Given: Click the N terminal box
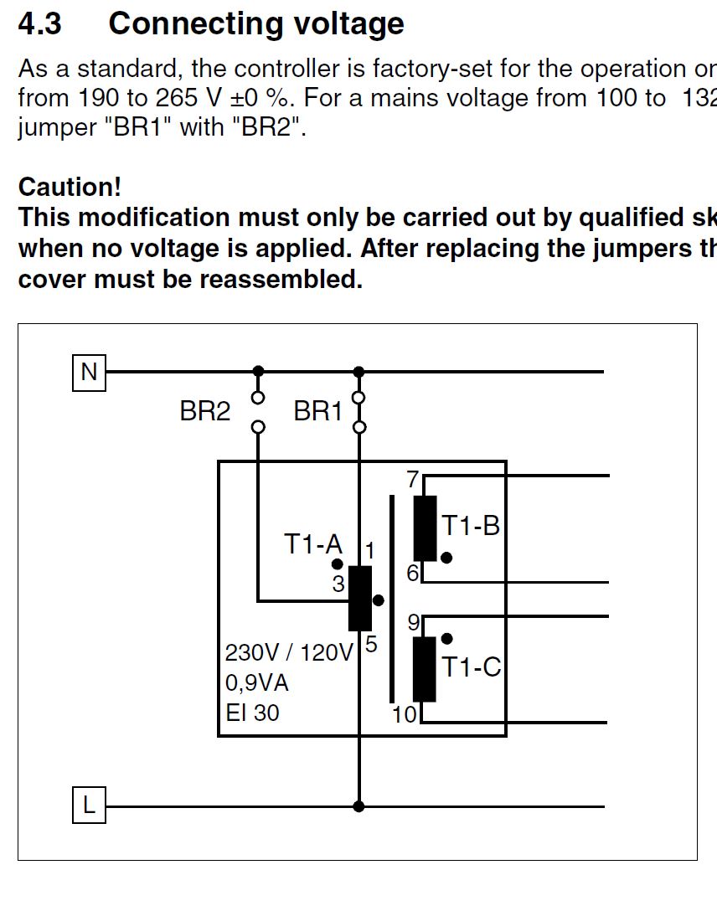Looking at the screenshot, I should pyautogui.click(x=89, y=372).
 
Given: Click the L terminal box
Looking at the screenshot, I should pyautogui.click(x=89, y=806).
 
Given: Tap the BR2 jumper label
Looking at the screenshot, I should pyautogui.click(x=204, y=412).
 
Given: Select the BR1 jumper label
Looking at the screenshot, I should pyautogui.click(x=317, y=412).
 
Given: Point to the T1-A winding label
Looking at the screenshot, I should pyautogui.click(x=312, y=544).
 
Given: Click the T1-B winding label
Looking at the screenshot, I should pyautogui.click(x=470, y=526).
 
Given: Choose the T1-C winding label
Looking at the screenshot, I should pyautogui.click(x=471, y=667).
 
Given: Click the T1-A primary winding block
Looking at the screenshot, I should pyautogui.click(x=360, y=598).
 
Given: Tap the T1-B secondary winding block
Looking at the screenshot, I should pyautogui.click(x=426, y=528).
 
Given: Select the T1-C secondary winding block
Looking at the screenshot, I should pyautogui.click(x=425, y=669).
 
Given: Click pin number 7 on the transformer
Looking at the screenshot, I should pyautogui.click(x=412, y=480).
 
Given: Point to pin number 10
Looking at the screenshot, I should pyautogui.click(x=405, y=714).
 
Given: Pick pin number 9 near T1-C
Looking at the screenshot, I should pyautogui.click(x=413, y=623).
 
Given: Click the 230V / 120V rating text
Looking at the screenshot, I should pyautogui.click(x=289, y=653).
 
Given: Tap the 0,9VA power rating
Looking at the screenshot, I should pyautogui.click(x=256, y=683).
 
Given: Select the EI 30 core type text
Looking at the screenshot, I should pyautogui.click(x=252, y=713).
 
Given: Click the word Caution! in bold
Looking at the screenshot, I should pyautogui.click(x=70, y=186).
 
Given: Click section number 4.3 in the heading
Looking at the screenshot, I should pyautogui.click(x=39, y=23).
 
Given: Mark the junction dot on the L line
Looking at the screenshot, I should pyautogui.click(x=359, y=806).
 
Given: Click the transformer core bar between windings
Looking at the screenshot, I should pyautogui.click(x=392, y=599).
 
